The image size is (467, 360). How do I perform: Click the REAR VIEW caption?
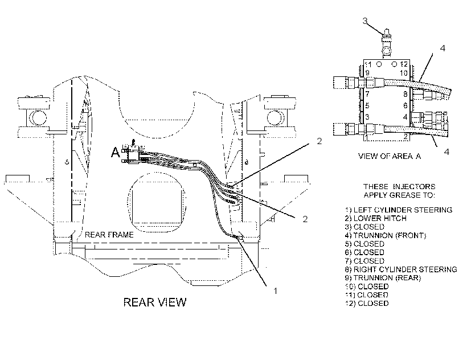pyautogui.click(x=155, y=302)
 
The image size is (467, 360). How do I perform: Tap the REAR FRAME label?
pyautogui.click(x=109, y=235)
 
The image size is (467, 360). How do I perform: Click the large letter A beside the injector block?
pyautogui.click(x=116, y=152)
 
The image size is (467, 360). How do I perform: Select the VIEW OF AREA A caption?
pyautogui.click(x=390, y=156)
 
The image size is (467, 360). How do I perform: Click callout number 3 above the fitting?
pyautogui.click(x=365, y=21)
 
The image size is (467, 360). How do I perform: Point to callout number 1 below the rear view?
pyautogui.click(x=276, y=291)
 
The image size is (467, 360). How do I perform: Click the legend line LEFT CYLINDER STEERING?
pyautogui.click(x=399, y=210)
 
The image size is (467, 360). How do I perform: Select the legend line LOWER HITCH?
pyautogui.click(x=375, y=218)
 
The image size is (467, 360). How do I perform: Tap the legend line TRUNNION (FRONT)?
pyautogui.click(x=386, y=235)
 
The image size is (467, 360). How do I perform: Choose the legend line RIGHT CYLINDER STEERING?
pyautogui.click(x=401, y=269)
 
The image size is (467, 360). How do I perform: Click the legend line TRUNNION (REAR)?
pyautogui.click(x=383, y=278)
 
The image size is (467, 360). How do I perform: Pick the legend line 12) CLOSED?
pyautogui.click(x=367, y=304)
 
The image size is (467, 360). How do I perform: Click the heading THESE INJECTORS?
pyautogui.click(x=399, y=187)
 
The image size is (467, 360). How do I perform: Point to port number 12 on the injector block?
pyautogui.click(x=404, y=64)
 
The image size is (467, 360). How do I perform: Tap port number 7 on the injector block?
pyautogui.click(x=367, y=94)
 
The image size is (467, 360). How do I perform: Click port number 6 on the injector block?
pyautogui.click(x=405, y=105)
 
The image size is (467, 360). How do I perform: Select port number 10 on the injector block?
pyautogui.click(x=404, y=73)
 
